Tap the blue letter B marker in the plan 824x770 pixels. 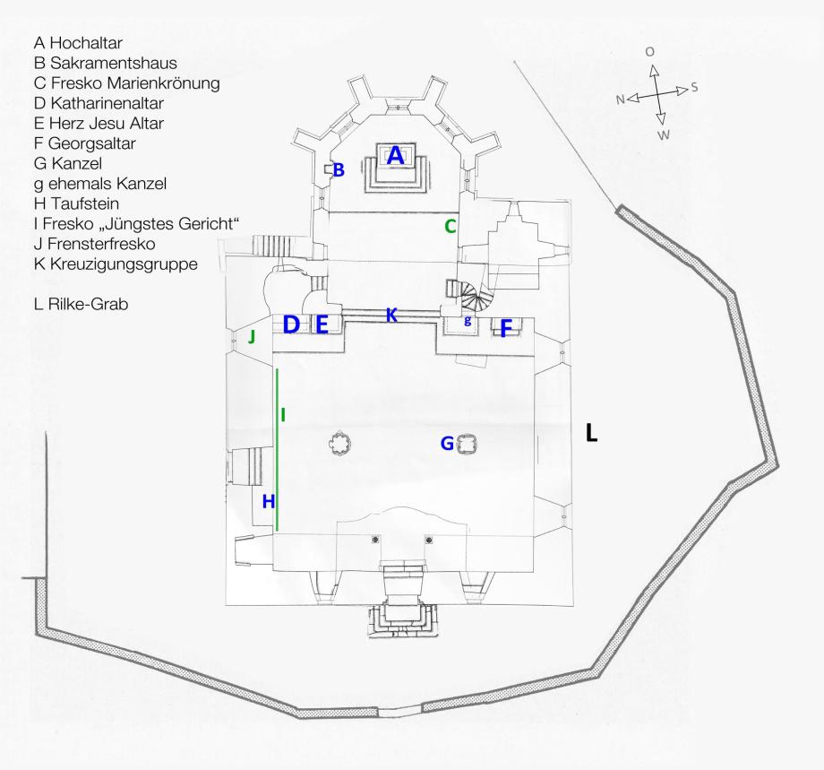pos(339,169)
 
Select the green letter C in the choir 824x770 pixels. pos(451,227)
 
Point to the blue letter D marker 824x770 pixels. pos(291,325)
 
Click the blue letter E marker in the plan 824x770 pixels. pos(322,325)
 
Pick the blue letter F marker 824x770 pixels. pos(506,329)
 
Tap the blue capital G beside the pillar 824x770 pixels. pos(447,443)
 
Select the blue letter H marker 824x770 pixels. pos(267,502)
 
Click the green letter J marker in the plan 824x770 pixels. pos(252,337)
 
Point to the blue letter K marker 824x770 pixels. pos(391,315)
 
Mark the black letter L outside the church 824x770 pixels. pos(591,434)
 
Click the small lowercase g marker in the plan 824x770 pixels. pos(468,320)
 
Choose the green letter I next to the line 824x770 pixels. pos(283,414)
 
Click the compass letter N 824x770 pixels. pos(620,99)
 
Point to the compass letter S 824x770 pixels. pos(694,89)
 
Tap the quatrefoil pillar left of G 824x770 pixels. pos(339,443)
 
